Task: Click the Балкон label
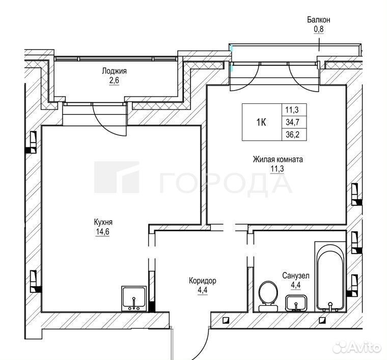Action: (318, 20)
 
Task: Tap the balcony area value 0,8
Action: (318, 29)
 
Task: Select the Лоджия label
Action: (114, 71)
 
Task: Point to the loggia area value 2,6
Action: (114, 80)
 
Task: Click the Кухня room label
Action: (103, 223)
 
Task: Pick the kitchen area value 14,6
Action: (102, 232)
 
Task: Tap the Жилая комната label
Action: (278, 159)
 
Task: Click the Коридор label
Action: (203, 281)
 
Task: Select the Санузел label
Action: (296, 275)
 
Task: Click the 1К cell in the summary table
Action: (262, 122)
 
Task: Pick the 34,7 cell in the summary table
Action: (294, 122)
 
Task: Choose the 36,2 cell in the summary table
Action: (294, 134)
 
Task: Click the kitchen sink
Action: (134, 298)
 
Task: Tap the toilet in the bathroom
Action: (268, 296)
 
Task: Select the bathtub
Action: (330, 276)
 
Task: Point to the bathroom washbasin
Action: (296, 303)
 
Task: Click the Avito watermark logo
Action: (356, 347)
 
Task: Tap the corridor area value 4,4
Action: (202, 290)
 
